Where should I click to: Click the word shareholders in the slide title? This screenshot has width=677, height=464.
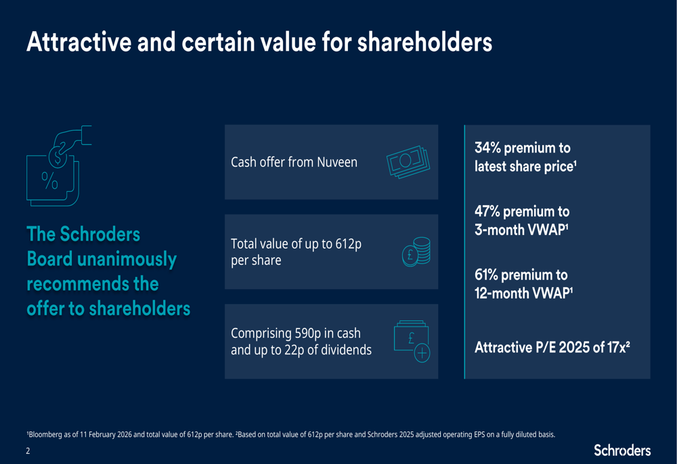pyautogui.click(x=424, y=42)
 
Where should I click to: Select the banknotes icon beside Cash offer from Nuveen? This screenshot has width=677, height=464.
pyautogui.click(x=408, y=163)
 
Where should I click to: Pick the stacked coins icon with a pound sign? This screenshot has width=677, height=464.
pyautogui.click(x=416, y=252)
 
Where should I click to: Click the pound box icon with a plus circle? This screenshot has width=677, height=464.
pyautogui.click(x=412, y=342)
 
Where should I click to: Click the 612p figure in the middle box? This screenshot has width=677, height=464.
pyautogui.click(x=348, y=243)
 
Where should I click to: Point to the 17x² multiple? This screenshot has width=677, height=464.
pyautogui.click(x=617, y=347)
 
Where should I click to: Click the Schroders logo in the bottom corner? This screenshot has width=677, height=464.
pyautogui.click(x=622, y=450)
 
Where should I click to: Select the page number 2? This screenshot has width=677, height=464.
pyautogui.click(x=28, y=450)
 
